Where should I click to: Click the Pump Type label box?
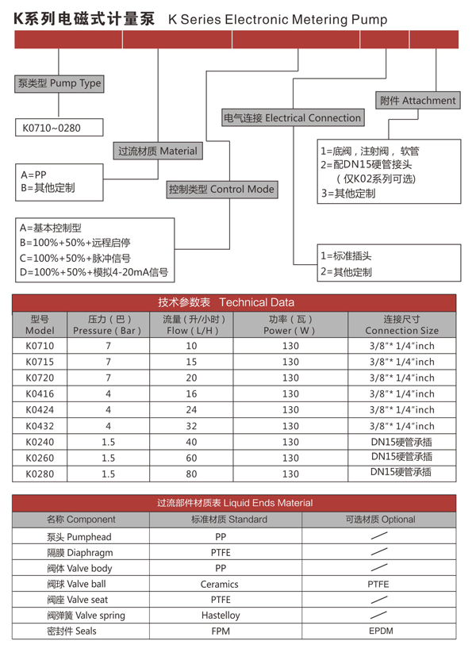[59, 82]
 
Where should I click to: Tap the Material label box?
[157, 151]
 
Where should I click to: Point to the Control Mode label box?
[221, 190]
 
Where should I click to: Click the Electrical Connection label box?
[292, 118]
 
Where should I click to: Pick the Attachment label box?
[417, 100]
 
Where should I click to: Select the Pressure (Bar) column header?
[108, 324]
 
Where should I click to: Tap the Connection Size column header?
[401, 324]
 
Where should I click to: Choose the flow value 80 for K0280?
[191, 474]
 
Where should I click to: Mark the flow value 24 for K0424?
[191, 410]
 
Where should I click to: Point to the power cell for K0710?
[290, 346]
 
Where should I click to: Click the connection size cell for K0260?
[401, 458]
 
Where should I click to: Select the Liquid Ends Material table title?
[235, 503]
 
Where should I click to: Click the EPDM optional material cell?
[380, 631]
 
